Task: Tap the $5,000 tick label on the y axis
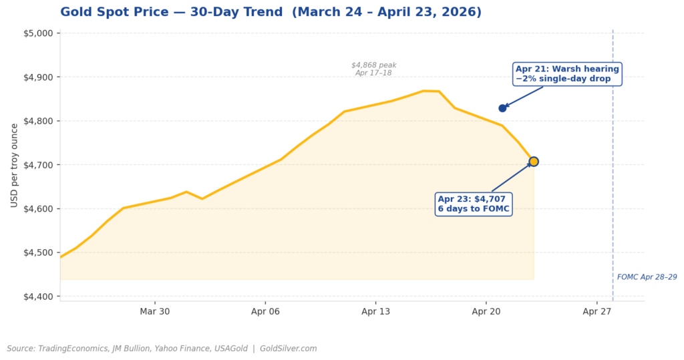(40, 33)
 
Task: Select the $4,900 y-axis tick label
(40, 77)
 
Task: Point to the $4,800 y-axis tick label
(40, 122)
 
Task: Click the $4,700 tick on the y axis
(40, 165)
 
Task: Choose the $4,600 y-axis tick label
(40, 209)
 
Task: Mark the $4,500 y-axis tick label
(40, 253)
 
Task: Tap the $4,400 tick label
(40, 297)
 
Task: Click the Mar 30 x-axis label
(155, 312)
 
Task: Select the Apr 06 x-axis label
(265, 312)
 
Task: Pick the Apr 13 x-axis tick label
(375, 312)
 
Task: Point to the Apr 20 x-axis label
(486, 312)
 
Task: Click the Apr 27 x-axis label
(596, 312)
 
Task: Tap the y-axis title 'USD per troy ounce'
(15, 165)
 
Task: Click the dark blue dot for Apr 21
(502, 108)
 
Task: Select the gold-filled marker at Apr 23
(533, 162)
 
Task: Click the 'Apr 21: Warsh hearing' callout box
(567, 74)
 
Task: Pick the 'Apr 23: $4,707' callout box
(474, 204)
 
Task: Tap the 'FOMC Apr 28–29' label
(647, 277)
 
